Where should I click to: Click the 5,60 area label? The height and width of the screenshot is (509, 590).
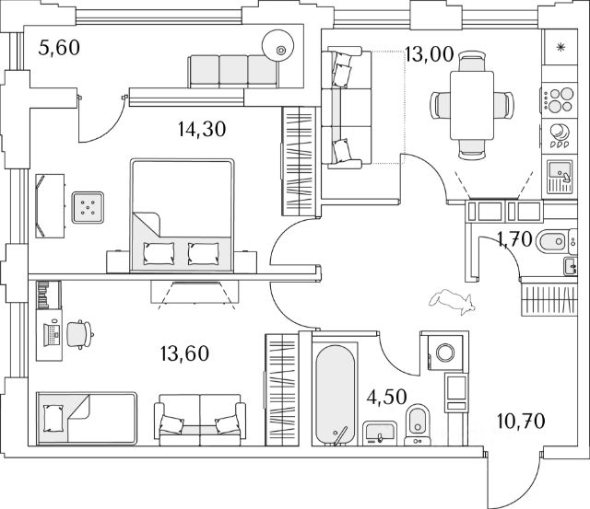pos(59,48)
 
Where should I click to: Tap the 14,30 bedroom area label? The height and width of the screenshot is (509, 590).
pos(202,129)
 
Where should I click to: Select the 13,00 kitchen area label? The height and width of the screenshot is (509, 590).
pos(430,54)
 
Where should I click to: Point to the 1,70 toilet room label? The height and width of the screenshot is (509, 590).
pos(514,239)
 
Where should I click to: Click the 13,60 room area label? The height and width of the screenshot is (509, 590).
pos(184,353)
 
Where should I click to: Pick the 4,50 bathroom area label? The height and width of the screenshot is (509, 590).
pos(387,397)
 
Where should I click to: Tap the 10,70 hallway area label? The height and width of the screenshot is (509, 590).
pos(521,422)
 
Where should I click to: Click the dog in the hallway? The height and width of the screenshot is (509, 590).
pos(452,301)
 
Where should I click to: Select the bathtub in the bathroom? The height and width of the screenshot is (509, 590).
pos(335,395)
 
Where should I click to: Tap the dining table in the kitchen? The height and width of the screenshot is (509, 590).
pos(472,106)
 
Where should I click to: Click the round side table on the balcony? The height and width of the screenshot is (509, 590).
pos(277,44)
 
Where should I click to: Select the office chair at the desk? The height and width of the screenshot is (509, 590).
pos(80,334)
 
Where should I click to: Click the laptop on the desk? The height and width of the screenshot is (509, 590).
pos(53,334)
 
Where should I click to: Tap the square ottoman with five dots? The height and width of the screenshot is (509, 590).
pos(88,207)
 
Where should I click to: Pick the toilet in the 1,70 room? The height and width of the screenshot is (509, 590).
pos(552,241)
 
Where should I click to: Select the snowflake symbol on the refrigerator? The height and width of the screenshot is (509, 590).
pos(561,47)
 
